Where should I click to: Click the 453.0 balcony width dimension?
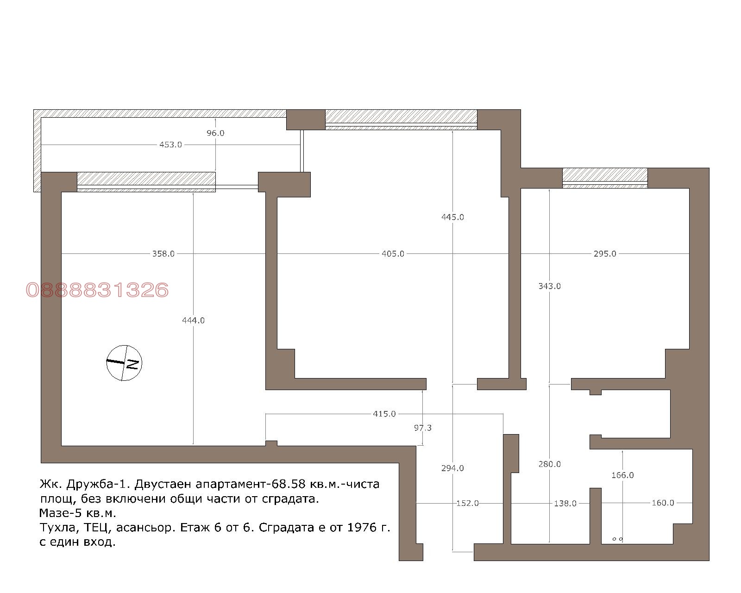point(170,145)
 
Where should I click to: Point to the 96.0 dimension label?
point(215,133)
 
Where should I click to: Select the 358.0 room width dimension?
point(163,253)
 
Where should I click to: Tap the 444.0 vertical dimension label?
point(193,321)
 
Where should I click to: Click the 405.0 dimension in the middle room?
point(393,253)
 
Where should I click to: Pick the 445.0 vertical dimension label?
point(453,217)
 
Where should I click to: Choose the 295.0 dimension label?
point(605,253)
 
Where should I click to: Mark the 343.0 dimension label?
point(550,286)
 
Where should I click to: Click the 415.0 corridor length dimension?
point(384,414)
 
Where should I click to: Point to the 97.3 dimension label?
point(423,428)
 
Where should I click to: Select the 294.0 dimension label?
point(453,468)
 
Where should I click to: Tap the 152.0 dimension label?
point(468,504)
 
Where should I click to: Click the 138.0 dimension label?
point(565,504)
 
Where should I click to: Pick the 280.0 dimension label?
point(550,464)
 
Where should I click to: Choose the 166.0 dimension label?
point(622,475)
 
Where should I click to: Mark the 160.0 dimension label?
point(663,503)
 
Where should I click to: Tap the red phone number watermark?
point(97,290)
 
